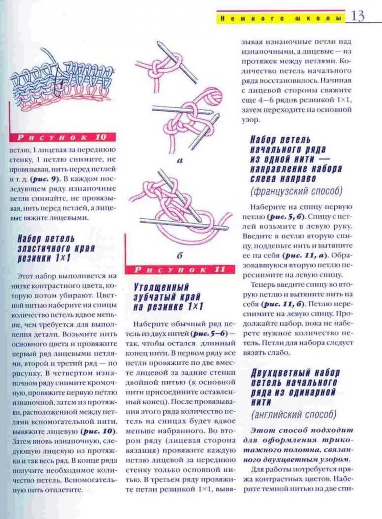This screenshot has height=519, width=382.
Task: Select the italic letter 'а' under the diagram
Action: point(180,161)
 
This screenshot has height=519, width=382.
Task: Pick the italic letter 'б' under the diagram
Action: point(180,256)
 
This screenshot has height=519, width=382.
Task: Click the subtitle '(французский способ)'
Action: point(296,191)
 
